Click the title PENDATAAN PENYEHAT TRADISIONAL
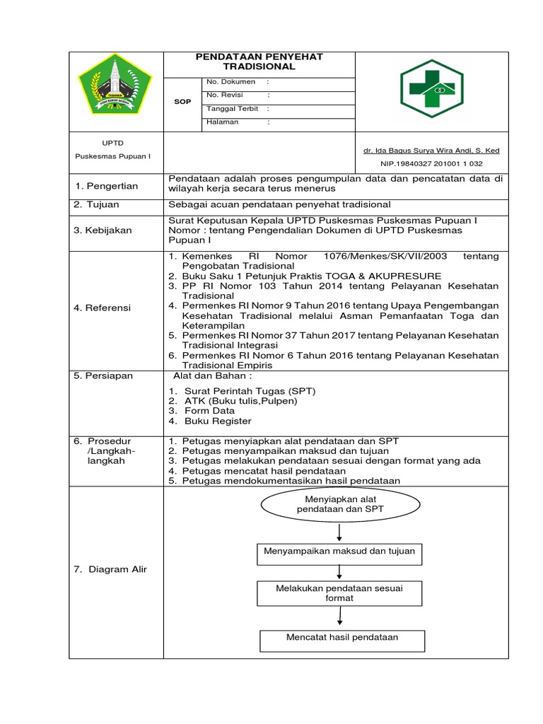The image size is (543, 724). pos(259,61)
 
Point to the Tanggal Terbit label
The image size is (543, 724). pos(232,109)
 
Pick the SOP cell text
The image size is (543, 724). pos(182,102)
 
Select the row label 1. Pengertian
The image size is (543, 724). pos(107,186)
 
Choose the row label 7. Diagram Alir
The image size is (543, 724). pos(110,569)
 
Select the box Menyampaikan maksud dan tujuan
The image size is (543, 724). pos(340,551)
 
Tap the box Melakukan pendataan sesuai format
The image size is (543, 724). pos(340,592)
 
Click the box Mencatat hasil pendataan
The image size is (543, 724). pos(341,638)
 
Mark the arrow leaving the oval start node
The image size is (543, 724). pos(340,531)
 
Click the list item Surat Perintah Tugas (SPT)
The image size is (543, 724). pos(250,391)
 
